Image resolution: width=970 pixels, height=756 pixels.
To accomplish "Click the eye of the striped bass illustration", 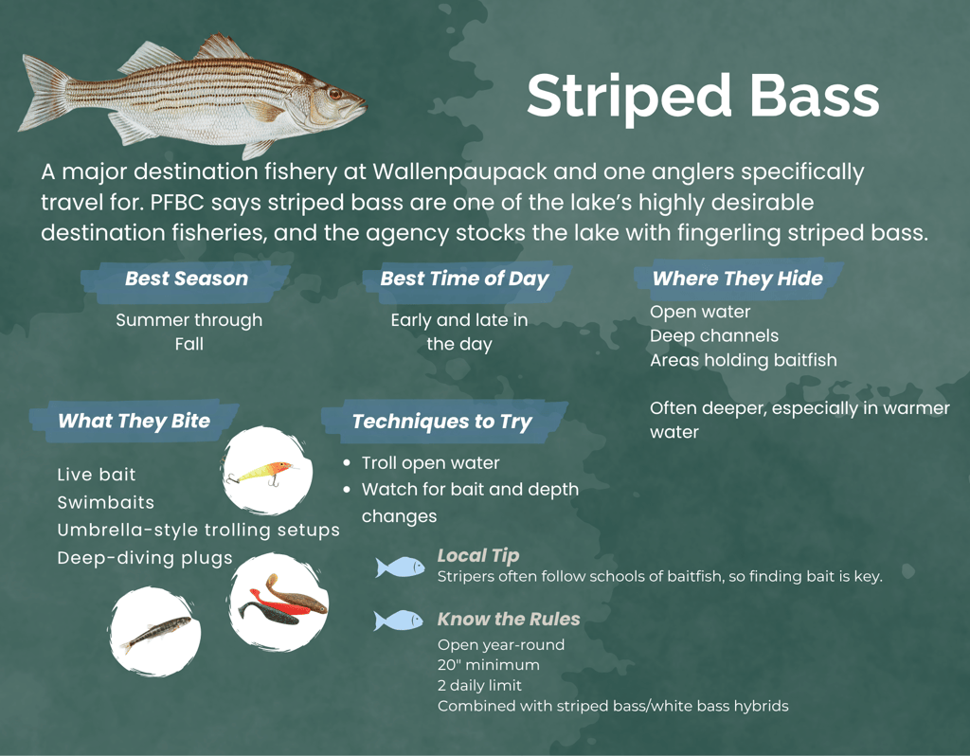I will [334, 93].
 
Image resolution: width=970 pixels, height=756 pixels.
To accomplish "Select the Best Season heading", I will [187, 279].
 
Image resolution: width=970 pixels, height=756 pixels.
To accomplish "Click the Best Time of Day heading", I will [464, 279].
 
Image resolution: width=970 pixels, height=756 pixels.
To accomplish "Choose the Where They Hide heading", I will [737, 279].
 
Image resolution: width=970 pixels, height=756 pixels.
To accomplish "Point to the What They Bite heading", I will [134, 421].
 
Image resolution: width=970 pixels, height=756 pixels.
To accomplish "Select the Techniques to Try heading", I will [441, 422].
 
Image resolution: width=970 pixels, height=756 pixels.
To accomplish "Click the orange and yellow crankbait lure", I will [262, 471].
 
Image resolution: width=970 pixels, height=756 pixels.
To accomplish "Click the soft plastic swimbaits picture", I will [279, 601].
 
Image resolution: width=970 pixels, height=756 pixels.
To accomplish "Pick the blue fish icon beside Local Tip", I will [400, 567].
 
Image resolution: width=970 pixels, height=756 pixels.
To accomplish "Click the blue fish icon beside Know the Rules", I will [399, 621].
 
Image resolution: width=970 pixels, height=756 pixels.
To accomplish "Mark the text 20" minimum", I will [488, 665].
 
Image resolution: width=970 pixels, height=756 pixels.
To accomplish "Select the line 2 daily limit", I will [479, 685].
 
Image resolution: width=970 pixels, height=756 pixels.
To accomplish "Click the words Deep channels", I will [714, 336].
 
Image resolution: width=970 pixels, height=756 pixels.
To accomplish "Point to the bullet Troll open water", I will [430, 463].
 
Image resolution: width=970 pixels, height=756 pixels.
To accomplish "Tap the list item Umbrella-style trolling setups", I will [198, 530].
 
